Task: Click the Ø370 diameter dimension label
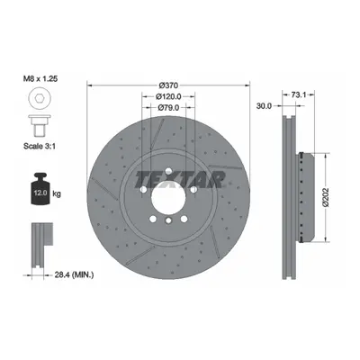(168, 85)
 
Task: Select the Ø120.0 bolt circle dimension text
(168, 96)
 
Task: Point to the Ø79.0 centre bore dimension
(168, 107)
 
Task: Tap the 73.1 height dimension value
(299, 95)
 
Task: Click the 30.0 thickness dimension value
(264, 106)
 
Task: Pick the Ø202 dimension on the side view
(326, 197)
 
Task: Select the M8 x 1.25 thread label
(40, 79)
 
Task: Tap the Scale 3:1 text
(40, 147)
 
